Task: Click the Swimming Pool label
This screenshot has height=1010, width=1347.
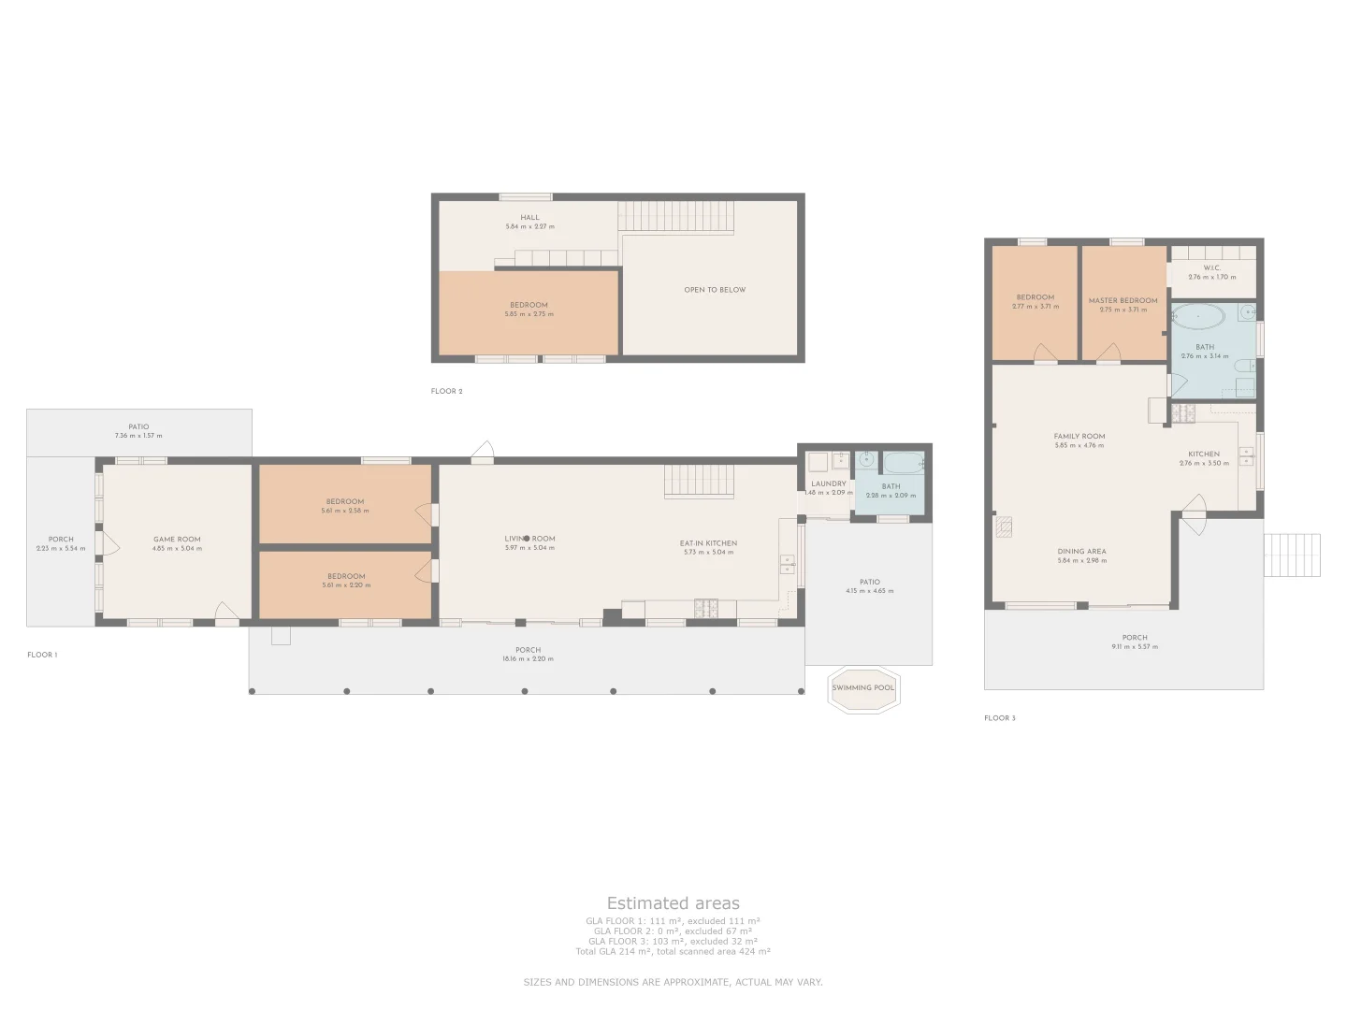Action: (862, 688)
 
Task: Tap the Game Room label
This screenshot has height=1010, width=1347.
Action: (177, 540)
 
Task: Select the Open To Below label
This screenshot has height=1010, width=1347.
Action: (715, 290)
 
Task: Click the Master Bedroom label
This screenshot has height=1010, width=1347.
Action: (1122, 301)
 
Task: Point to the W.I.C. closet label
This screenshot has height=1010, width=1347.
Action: (1211, 268)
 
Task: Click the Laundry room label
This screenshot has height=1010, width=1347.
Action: (828, 484)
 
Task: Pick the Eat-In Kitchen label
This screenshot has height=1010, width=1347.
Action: (708, 543)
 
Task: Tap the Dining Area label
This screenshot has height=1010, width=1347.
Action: (1081, 552)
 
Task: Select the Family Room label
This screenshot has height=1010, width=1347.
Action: (1079, 437)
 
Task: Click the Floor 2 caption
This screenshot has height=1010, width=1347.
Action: (446, 392)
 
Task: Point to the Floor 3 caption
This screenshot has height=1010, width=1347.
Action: (999, 718)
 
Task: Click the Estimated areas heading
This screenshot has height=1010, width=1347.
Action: (673, 903)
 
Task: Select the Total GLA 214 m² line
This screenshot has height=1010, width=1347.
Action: (673, 951)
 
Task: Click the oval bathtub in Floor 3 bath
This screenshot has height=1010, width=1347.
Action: (1197, 317)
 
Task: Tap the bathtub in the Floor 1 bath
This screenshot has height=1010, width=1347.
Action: (903, 463)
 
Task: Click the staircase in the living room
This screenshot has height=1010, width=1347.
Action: (699, 482)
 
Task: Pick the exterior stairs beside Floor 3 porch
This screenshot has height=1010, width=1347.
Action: (1292, 555)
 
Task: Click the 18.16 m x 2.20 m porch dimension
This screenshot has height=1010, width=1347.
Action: (528, 659)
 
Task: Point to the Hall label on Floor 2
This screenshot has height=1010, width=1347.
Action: (529, 218)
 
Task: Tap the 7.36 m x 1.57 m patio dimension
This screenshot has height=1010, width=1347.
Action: (138, 437)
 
